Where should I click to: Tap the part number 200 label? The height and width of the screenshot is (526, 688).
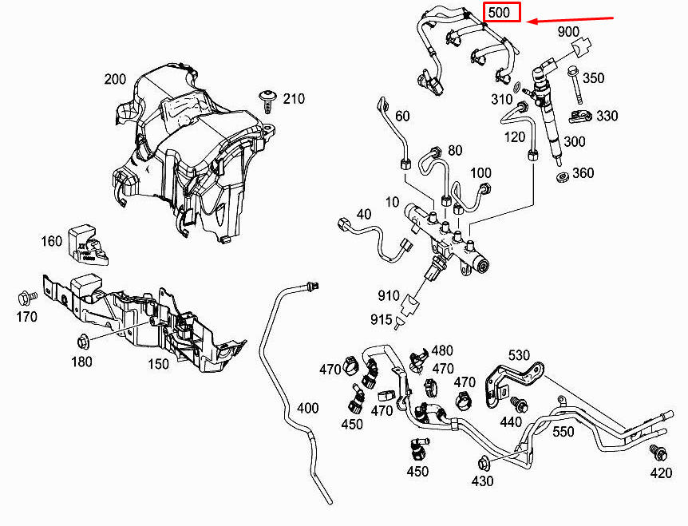(x=115, y=79)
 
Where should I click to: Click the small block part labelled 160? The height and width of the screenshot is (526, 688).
(x=84, y=243)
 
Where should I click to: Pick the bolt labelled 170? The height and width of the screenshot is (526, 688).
(x=24, y=299)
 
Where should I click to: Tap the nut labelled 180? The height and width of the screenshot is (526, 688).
(x=82, y=342)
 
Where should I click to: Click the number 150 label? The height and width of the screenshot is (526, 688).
(x=158, y=364)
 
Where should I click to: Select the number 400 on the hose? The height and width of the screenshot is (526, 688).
(x=307, y=408)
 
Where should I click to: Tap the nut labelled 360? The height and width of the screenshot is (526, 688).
(x=561, y=175)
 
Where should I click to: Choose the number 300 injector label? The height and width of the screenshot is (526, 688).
(x=575, y=141)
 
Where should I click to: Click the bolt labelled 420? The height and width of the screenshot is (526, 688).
(x=658, y=453)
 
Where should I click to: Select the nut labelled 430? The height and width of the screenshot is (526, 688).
(x=483, y=463)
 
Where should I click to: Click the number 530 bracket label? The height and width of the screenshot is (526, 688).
(x=519, y=354)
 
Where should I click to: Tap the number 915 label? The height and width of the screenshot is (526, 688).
(x=381, y=320)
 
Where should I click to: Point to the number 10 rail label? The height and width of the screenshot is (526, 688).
(x=392, y=203)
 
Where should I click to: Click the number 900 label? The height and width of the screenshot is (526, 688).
(x=568, y=31)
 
